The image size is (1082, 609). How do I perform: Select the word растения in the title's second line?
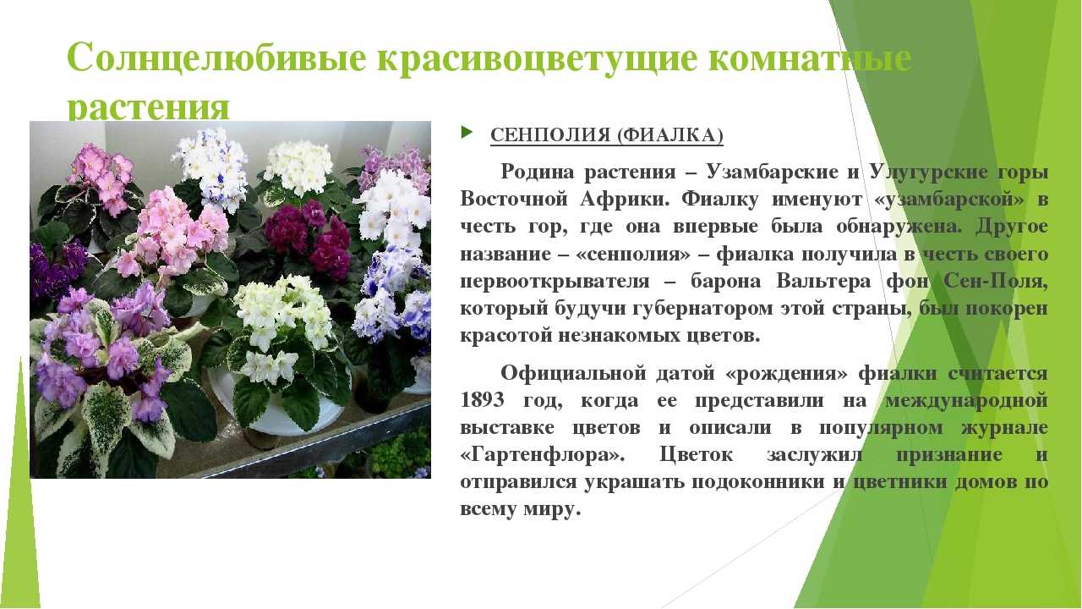(148, 107)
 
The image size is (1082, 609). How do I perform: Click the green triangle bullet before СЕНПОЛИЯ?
(467, 131)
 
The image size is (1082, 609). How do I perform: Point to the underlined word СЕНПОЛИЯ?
(549, 135)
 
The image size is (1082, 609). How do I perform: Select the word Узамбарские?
(773, 172)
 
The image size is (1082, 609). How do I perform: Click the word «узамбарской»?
(948, 200)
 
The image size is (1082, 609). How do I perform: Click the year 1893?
(482, 400)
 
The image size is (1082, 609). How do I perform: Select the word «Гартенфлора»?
(543, 455)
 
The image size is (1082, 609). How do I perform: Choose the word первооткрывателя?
(555, 282)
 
